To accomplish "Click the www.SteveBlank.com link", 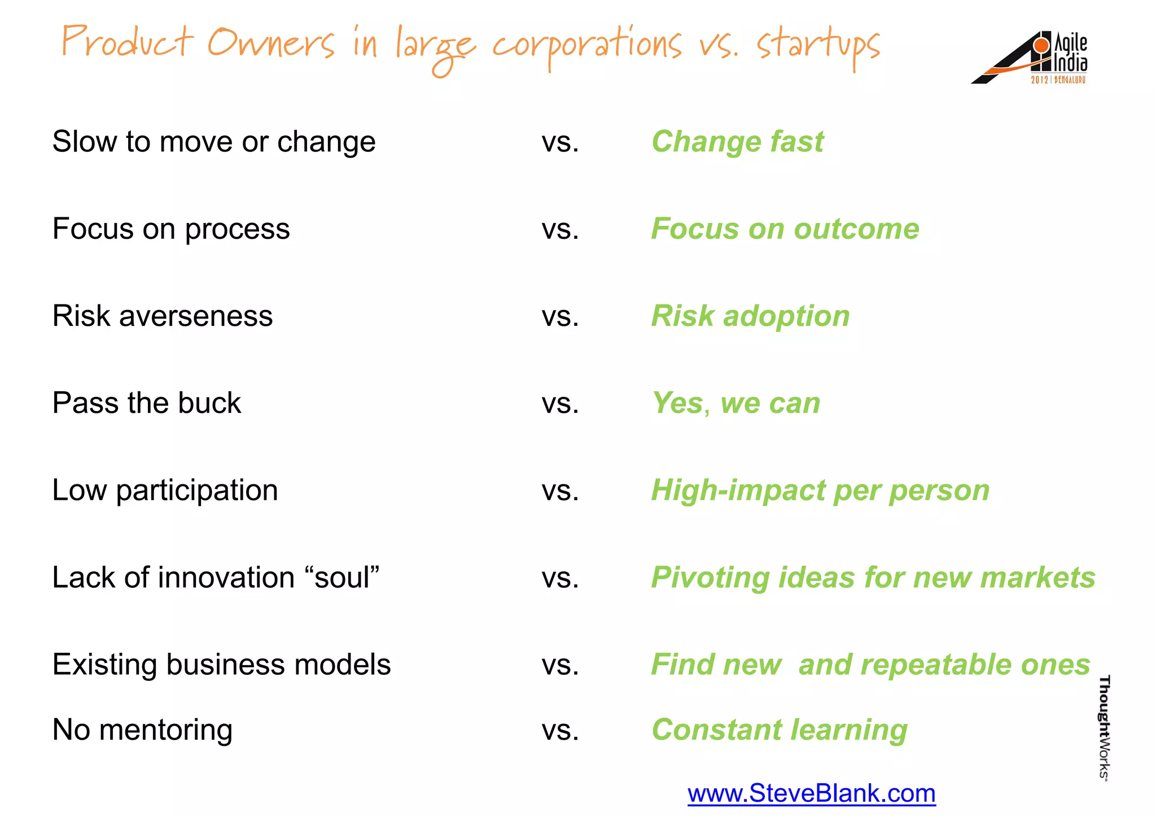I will (x=811, y=793).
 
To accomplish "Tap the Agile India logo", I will (x=1030, y=58).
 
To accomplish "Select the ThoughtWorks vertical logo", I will (x=1104, y=728).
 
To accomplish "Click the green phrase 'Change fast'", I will (x=737, y=141).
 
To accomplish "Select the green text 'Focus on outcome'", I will (x=785, y=229).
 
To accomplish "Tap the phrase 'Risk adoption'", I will (x=750, y=316).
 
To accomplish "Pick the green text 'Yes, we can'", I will (x=735, y=403).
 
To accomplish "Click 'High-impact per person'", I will (x=820, y=490).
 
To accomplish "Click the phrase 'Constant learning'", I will (x=780, y=729).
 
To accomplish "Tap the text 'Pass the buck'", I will (x=147, y=403).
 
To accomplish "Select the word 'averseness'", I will (x=196, y=316).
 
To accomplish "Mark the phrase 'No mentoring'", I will (x=142, y=729).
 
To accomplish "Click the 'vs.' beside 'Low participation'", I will (x=560, y=490).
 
